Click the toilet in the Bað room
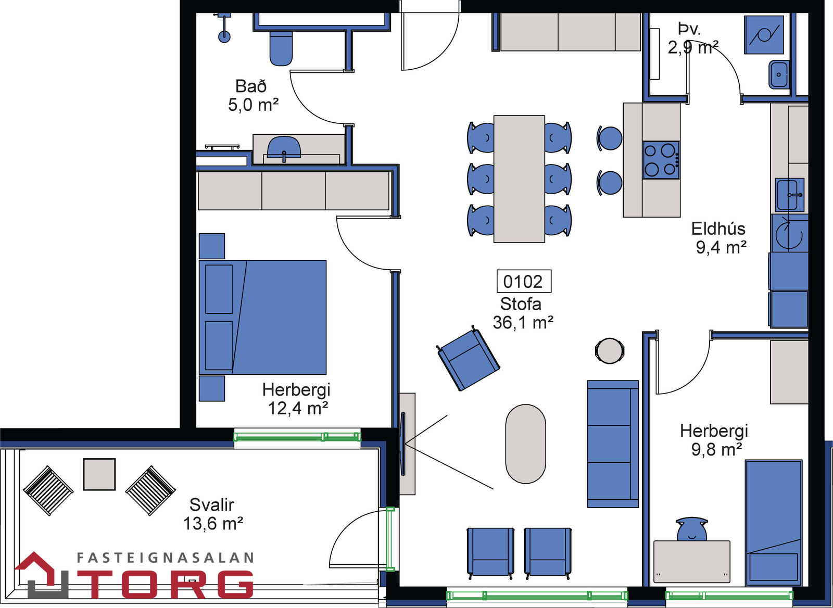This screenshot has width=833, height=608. click(x=281, y=48)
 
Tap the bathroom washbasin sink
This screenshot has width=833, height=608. click(x=284, y=148)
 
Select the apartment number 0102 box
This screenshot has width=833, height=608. click(x=524, y=282)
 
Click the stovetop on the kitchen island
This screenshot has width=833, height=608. click(x=661, y=160)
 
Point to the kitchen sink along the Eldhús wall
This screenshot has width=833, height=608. click(x=789, y=195)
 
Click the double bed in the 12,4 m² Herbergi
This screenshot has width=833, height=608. click(x=262, y=317)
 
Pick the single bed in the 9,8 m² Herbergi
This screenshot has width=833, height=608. click(x=774, y=523)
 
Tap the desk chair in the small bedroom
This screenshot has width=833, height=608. click(x=692, y=529)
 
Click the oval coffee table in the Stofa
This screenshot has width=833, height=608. click(x=525, y=444)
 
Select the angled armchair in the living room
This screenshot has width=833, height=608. click(x=468, y=359)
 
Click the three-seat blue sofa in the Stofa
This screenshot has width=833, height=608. click(x=613, y=444)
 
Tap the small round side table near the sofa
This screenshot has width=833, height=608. click(x=610, y=351)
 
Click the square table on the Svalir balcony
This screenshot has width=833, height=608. click(x=99, y=474)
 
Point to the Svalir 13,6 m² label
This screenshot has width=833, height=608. click(x=213, y=514)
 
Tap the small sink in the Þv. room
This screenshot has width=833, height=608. click(x=779, y=75)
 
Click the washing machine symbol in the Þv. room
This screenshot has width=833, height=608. click(x=764, y=34)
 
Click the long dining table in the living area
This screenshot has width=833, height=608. click(x=519, y=179)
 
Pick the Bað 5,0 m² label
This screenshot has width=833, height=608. click(x=253, y=96)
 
